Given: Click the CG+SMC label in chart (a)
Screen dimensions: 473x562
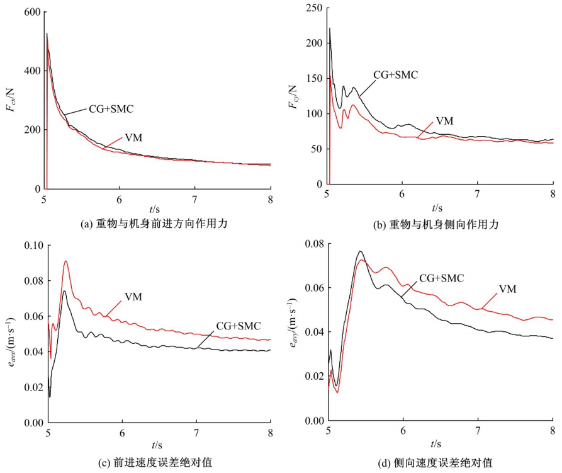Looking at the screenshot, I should [x=111, y=108].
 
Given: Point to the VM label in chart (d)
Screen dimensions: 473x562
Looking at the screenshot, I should [x=509, y=289].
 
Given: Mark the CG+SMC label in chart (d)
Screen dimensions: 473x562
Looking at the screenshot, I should [x=442, y=277].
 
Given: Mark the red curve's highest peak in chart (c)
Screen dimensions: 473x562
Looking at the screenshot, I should [x=65, y=261].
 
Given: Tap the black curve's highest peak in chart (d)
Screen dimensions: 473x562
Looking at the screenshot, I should [x=360, y=251].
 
